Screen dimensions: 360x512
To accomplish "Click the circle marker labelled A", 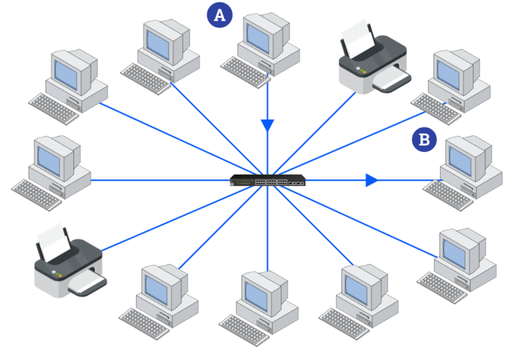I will tap(219, 15).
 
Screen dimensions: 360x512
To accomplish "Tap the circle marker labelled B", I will tap(424, 140).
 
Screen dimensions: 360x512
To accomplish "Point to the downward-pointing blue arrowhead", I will tap(268, 125).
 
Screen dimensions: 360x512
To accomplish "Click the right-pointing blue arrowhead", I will tap(371, 180).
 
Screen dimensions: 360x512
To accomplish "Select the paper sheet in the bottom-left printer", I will tap(54, 241).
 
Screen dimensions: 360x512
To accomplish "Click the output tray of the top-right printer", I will tap(390, 81).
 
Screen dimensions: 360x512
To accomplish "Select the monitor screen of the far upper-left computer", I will tap(67, 71).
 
